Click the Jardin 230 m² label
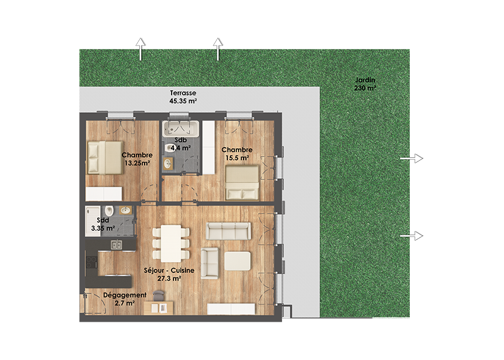pyautogui.click(x=365, y=84)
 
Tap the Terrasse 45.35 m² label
pyautogui.click(x=183, y=97)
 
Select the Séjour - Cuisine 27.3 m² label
pyautogui.click(x=169, y=274)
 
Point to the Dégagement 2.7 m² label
pyautogui.click(x=125, y=299)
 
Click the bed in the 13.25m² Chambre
pyautogui.click(x=105, y=158)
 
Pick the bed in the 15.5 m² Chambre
pyautogui.click(x=242, y=182)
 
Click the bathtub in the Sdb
pyautogui.click(x=181, y=128)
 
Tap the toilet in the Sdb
pyautogui.click(x=169, y=148)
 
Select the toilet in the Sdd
pyautogui.click(x=109, y=211)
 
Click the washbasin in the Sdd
pyautogui.click(x=125, y=211)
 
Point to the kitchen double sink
pyautogui.click(x=116, y=245)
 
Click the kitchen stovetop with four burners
pyautogui.click(x=92, y=262)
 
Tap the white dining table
pyautogui.click(x=170, y=244)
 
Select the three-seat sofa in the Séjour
pyautogui.click(x=228, y=231)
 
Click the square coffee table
pyautogui.click(x=238, y=261)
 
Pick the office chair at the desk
pyautogui.click(x=158, y=295)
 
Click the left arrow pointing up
pyautogui.click(x=140, y=49)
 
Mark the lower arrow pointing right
pyautogui.click(x=412, y=236)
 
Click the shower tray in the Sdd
pyautogui.click(x=93, y=221)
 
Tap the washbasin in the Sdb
pyautogui.click(x=168, y=163)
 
